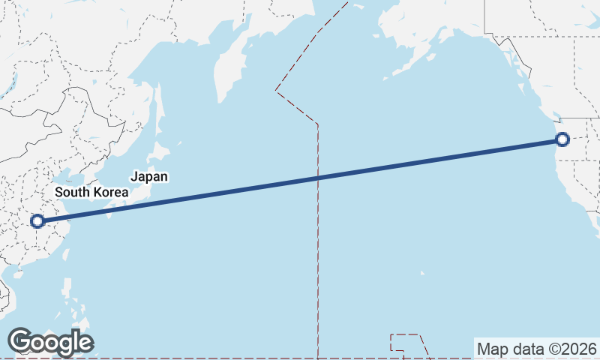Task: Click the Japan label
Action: (148, 177)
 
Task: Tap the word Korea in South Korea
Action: (109, 192)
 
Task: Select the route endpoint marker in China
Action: (37, 221)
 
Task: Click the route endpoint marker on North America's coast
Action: (562, 139)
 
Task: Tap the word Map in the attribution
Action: (493, 349)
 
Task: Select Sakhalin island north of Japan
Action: (158, 105)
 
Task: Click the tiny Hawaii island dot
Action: (422, 273)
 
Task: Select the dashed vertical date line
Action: (318, 247)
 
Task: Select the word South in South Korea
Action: (73, 192)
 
